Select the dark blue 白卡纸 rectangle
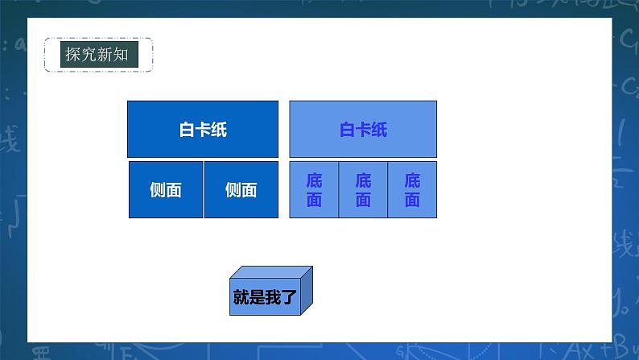coord(203,129)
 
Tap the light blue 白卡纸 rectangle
coord(363,129)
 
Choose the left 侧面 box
coord(166,189)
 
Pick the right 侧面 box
coord(241,189)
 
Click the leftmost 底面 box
coord(314,189)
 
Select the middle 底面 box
coord(363,189)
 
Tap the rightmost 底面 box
coord(412,189)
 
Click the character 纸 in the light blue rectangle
coord(379,130)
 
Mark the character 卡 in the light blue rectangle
coord(363,130)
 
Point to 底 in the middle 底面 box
coord(363,180)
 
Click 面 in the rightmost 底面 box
coord(412,200)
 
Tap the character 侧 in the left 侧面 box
coord(158,190)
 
